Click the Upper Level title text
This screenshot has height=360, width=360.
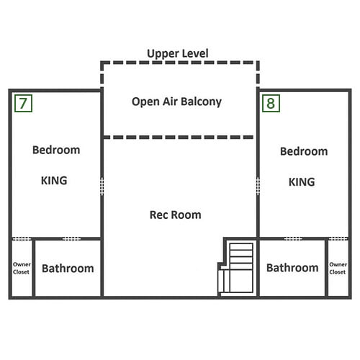click(x=178, y=53)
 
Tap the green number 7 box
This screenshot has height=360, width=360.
click(x=23, y=103)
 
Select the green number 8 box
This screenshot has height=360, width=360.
click(x=271, y=103)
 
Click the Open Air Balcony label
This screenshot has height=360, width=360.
click(x=176, y=102)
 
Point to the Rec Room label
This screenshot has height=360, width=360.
click(x=176, y=215)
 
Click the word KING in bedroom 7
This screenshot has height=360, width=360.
click(x=54, y=181)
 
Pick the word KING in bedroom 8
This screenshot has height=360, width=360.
click(x=302, y=182)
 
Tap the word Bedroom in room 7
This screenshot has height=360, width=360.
click(x=56, y=150)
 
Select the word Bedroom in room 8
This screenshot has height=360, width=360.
click(x=304, y=151)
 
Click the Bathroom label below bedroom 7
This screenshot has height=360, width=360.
click(x=68, y=269)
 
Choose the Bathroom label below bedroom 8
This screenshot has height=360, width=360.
click(x=292, y=268)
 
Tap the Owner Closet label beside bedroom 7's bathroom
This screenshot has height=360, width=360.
click(x=22, y=268)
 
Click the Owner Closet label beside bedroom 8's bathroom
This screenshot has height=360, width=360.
click(x=338, y=268)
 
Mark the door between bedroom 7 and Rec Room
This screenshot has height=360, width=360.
click(x=102, y=186)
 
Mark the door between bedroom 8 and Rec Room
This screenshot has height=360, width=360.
click(x=258, y=186)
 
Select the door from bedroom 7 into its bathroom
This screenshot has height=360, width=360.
click(x=71, y=238)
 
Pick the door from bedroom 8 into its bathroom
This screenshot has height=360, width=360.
click(x=293, y=238)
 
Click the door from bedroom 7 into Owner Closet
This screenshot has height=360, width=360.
click(x=22, y=238)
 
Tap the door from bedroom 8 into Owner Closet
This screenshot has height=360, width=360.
click(x=338, y=238)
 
